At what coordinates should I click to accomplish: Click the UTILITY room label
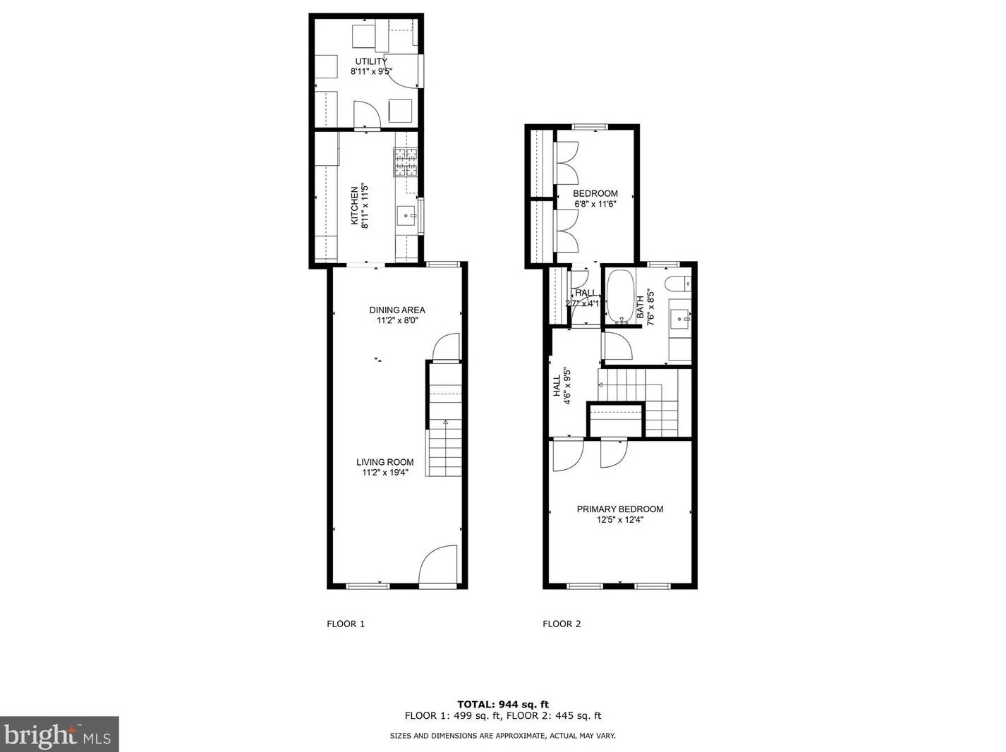tap(370, 61)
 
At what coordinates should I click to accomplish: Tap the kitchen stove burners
tap(406, 162)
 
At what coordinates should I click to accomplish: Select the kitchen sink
tap(407, 215)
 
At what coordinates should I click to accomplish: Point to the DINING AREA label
tap(397, 310)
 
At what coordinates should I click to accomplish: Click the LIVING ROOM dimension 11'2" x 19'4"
tap(385, 473)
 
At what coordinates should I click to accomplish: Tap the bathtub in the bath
tap(622, 296)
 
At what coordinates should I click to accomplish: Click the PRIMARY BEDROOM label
tap(620, 509)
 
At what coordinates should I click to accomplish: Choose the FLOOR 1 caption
tap(346, 624)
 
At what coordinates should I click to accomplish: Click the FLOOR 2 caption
tap(562, 624)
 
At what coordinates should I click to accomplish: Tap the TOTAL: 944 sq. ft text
tap(503, 704)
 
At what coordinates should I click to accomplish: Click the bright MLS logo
tap(59, 734)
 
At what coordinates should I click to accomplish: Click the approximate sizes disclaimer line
tap(503, 736)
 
